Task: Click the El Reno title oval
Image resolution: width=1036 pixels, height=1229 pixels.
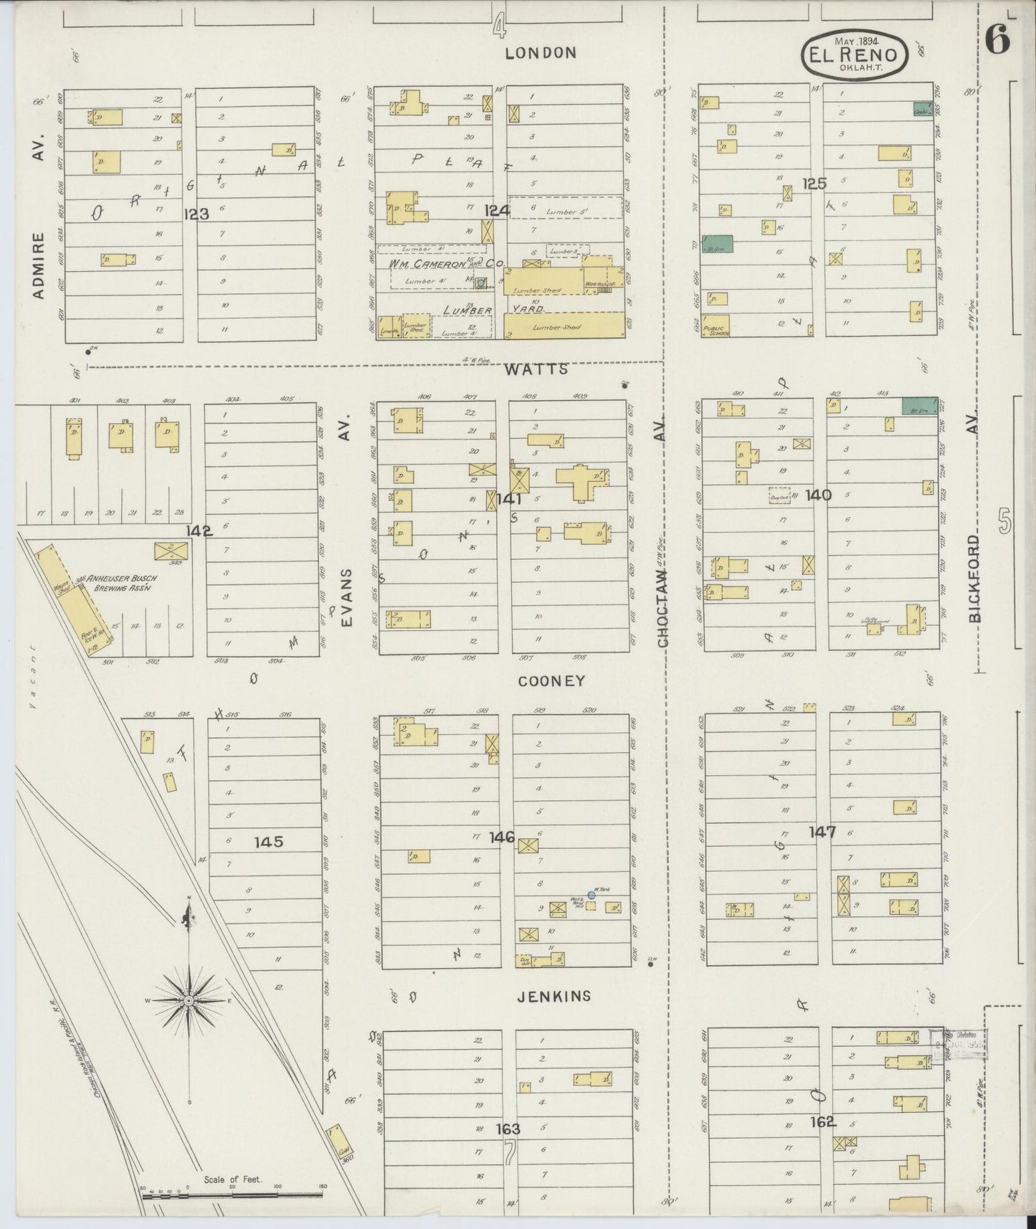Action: pos(854,54)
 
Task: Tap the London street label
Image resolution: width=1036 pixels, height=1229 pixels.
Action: pos(541,52)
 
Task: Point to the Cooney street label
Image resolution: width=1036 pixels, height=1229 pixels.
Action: pos(551,681)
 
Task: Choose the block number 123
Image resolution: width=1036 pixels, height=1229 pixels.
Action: pos(196,213)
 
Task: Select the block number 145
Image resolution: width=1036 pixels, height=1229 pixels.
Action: pos(269,842)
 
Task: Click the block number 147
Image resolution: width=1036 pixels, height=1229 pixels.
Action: pos(822,832)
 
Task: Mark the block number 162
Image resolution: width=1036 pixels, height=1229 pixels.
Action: pos(823,1121)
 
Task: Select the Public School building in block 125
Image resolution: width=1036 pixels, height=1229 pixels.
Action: pos(715,325)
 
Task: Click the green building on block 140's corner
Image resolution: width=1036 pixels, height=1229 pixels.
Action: pos(919,405)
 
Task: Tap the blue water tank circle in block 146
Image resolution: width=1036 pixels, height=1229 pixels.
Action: pos(591,895)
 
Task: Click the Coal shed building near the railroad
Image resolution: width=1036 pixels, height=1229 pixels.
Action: pos(339,1146)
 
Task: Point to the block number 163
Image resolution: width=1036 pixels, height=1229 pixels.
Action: pos(508,1129)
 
